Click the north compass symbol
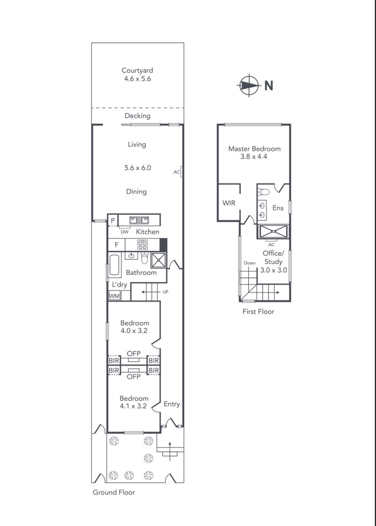pos(249,86)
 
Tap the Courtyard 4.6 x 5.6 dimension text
pos(137,79)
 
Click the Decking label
pos(137,116)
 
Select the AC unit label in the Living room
pos(177,172)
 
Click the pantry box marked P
pos(113,220)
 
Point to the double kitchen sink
pos(139,220)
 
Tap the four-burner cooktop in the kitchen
pos(143,245)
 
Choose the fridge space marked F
pos(116,245)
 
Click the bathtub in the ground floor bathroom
pos(114,265)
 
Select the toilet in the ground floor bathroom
pos(145,258)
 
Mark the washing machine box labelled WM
pos(114,296)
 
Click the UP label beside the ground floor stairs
pos(165,292)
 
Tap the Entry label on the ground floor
pos(172,404)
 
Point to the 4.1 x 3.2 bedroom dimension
pos(133,406)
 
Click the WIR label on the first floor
pos(229,203)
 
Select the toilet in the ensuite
pos(264,192)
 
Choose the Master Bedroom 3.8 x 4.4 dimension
pos(254,157)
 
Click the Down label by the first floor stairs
pos(250,263)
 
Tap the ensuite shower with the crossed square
pos(273,231)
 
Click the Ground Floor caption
pos(114,492)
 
